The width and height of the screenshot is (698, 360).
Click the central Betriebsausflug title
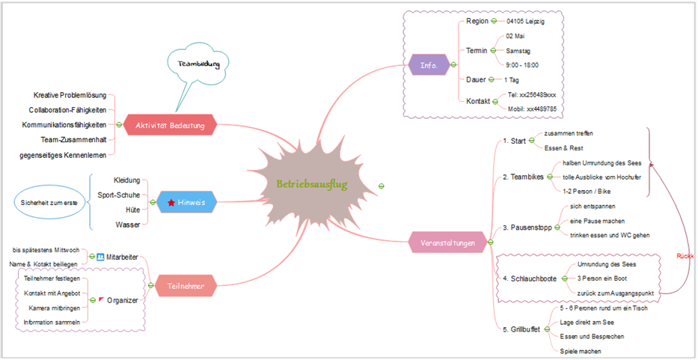(x=312, y=184)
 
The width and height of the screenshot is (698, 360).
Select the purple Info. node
(x=429, y=65)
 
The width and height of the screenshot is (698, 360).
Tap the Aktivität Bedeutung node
(x=170, y=125)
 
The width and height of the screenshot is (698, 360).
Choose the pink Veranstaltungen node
(x=447, y=242)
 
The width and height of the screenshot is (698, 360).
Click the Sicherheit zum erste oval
(x=49, y=203)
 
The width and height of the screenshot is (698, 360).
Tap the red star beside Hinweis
(x=171, y=203)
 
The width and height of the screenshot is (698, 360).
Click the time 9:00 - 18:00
(x=522, y=65)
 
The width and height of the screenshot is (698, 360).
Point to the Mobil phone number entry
(x=531, y=109)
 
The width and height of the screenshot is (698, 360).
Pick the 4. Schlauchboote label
(x=529, y=278)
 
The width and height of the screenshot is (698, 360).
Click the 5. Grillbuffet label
(x=521, y=329)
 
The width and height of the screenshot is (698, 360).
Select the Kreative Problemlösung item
(x=70, y=96)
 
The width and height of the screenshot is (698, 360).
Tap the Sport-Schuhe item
(x=118, y=195)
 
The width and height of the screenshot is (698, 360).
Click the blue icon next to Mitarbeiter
(x=100, y=257)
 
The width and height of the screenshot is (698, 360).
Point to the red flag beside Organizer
(x=101, y=300)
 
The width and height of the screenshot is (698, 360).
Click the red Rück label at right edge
(x=685, y=256)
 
